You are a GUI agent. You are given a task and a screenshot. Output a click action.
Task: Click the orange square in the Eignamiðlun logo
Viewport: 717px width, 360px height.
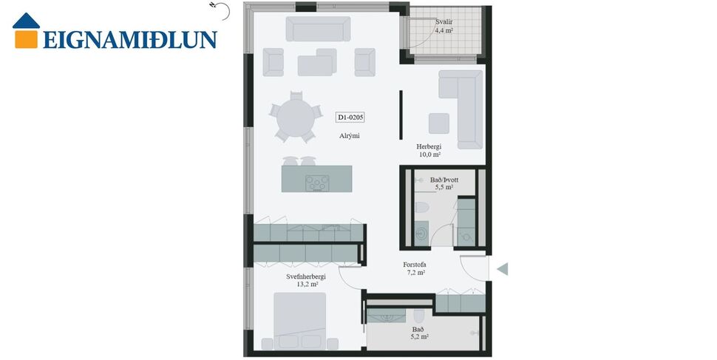26,38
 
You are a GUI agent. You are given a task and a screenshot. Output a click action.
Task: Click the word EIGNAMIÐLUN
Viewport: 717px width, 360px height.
129,39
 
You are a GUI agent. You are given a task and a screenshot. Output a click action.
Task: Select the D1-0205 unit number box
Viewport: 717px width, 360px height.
351,117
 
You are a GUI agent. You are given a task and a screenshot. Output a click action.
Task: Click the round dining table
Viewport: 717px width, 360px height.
295,118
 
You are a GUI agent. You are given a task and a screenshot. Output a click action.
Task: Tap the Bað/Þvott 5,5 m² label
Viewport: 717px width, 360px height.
444,183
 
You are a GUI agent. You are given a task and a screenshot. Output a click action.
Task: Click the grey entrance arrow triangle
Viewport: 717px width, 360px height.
503,269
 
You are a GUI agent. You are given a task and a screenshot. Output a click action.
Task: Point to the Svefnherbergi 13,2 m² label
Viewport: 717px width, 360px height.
306,280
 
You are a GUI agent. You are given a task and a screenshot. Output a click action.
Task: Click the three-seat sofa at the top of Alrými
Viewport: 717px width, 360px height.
318,30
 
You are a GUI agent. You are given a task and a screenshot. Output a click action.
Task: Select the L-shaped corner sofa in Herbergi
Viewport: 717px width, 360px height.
463,103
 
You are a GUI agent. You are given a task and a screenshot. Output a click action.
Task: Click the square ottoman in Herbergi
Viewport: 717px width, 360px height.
439,123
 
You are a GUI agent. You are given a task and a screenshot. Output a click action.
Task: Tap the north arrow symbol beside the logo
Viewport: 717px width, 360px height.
216,7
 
